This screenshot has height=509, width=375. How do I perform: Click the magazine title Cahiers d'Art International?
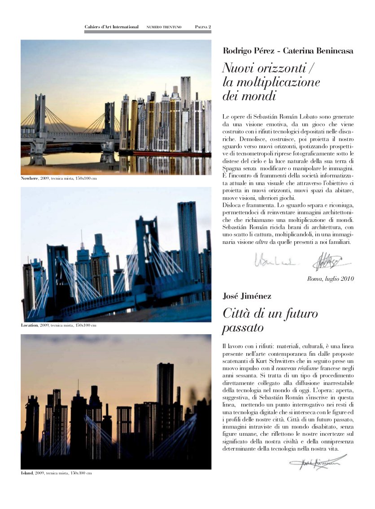pyautogui.click(x=112, y=27)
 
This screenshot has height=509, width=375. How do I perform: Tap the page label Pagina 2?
pyautogui.click(x=203, y=27)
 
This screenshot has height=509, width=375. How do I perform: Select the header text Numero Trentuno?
pyautogui.click(x=164, y=27)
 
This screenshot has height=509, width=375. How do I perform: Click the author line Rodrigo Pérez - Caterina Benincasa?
pyautogui.click(x=288, y=51)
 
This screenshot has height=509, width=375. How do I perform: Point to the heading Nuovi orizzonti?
pyautogui.click(x=267, y=69)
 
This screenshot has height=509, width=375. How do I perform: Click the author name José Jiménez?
pyautogui.click(x=247, y=296)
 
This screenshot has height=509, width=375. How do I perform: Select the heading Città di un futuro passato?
pyautogui.click(x=270, y=320)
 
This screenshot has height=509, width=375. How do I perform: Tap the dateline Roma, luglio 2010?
pyautogui.click(x=331, y=279)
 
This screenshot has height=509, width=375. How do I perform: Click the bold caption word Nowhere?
pyautogui.click(x=30, y=178)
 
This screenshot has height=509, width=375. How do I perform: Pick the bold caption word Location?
pyautogui.click(x=30, y=325)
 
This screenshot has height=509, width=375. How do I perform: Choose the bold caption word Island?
pyautogui.click(x=27, y=473)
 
